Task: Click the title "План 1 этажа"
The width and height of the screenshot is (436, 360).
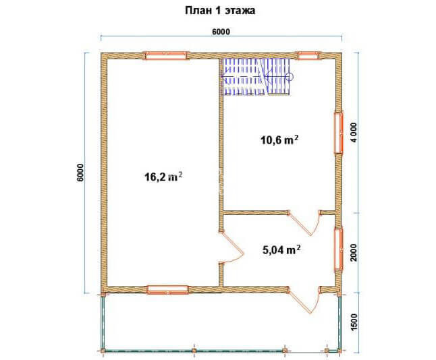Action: click(220, 11)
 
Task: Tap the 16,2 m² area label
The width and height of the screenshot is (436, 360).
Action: click(163, 177)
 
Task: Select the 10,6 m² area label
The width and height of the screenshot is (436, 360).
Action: click(279, 140)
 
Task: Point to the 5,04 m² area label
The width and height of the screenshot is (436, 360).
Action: click(281, 249)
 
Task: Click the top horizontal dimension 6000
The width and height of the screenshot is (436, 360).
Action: click(221, 32)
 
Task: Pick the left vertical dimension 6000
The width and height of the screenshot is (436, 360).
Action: click(80, 173)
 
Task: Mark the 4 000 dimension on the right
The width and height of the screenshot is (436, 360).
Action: click(354, 132)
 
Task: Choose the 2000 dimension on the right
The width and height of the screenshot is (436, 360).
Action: click(354, 252)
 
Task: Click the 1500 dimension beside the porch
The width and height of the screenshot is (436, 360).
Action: click(354, 322)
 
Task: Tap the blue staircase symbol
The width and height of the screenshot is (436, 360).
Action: click(256, 77)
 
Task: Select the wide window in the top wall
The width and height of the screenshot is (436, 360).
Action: click(166, 55)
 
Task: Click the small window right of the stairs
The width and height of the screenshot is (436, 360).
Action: click(308, 55)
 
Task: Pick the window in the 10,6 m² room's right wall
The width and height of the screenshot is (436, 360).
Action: click(338, 132)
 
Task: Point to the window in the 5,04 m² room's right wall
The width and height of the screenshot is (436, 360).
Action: click(338, 249)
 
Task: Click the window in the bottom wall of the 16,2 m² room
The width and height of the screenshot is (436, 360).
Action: click(167, 290)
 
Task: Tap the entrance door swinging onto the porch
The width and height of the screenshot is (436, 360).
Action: click(304, 301)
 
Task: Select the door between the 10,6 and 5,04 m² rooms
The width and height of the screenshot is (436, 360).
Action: click(304, 223)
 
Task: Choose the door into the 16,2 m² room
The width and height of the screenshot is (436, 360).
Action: click(231, 247)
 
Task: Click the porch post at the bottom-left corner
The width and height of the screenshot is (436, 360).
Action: click(103, 351)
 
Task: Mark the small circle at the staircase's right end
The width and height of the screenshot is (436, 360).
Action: click(291, 76)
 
